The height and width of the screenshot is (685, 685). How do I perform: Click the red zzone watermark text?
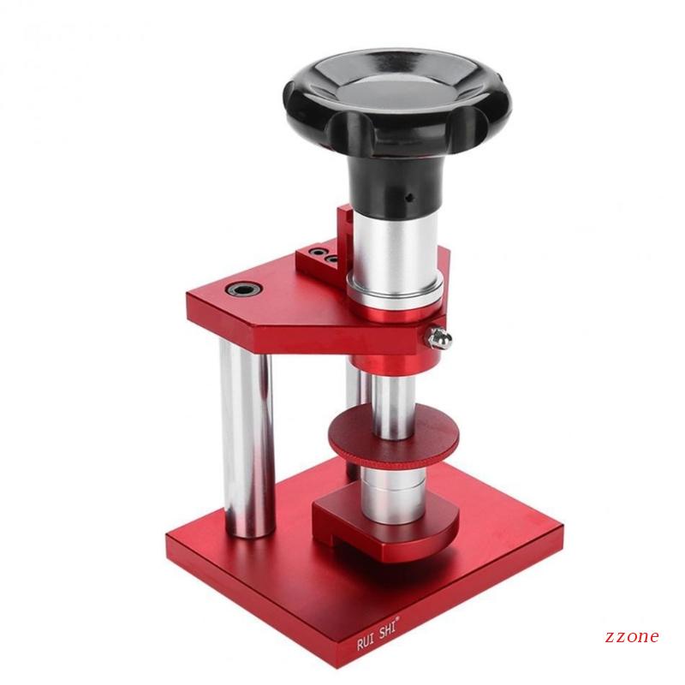632,636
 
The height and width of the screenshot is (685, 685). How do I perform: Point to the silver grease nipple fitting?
439,337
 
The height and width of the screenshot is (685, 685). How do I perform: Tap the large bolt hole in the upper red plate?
244,289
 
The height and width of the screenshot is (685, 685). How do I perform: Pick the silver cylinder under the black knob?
396,245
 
